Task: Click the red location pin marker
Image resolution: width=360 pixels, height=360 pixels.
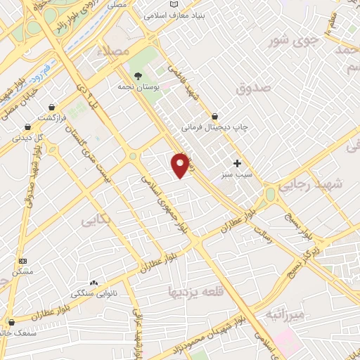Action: (180, 165)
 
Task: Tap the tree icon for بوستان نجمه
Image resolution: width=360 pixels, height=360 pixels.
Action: (136, 75)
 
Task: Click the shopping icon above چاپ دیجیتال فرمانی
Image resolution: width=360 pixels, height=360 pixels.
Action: (214, 117)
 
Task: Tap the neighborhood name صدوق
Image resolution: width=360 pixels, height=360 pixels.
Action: (254, 89)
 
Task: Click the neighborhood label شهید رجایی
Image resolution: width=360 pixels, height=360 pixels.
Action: (310, 185)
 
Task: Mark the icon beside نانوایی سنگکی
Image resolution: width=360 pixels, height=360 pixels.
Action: (94, 282)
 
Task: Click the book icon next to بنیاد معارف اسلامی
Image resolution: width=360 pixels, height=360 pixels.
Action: (176, 14)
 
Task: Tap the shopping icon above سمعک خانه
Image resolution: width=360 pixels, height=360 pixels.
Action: (10, 323)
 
